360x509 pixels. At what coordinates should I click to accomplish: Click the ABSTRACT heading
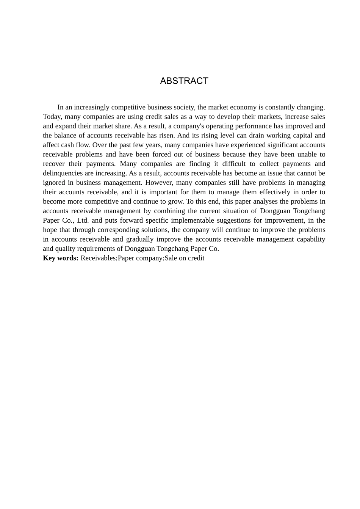pyautogui.click(x=184, y=81)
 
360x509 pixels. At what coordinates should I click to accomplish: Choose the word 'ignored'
pyautogui.click(x=54, y=183)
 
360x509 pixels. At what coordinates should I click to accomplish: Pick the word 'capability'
pyautogui.click(x=311, y=239)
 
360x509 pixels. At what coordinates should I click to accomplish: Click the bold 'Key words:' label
pyautogui.click(x=61, y=258)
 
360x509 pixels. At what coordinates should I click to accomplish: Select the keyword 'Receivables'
pyautogui.click(x=98, y=258)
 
